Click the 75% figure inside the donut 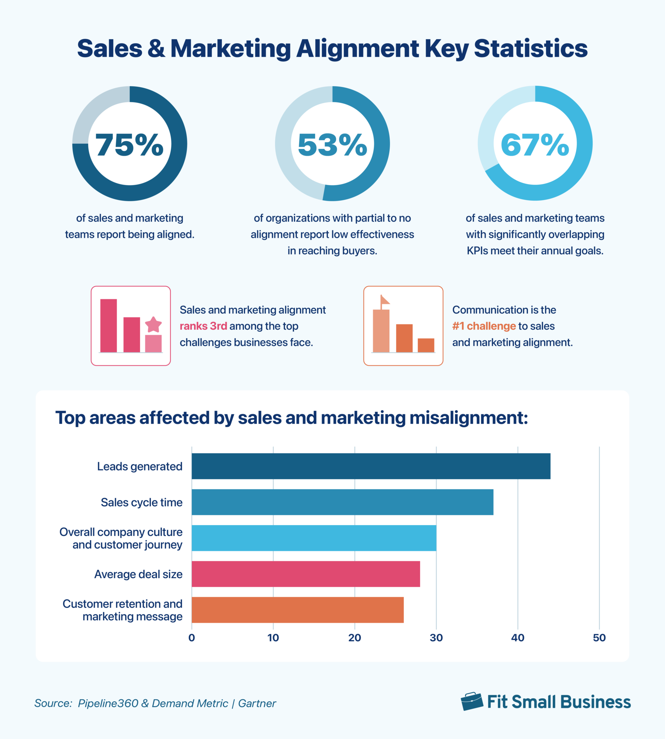coord(129,145)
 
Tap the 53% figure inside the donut coord(332,145)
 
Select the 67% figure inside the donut coord(535,145)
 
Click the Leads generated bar coord(371,466)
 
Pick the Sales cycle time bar coord(342,502)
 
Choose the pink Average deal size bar coord(306,574)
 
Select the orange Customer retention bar coord(297,609)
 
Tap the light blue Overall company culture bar coord(314,538)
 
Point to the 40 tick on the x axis coord(517,638)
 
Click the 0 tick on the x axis coord(192,638)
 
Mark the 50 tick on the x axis coord(599,638)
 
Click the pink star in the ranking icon coord(153,324)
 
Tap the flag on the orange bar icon coord(385,301)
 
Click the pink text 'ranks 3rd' coord(203,326)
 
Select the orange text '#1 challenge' coord(484,326)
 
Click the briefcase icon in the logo coord(472,701)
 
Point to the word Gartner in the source coord(257,704)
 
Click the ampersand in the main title coord(156,48)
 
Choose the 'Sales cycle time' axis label coord(141,502)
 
